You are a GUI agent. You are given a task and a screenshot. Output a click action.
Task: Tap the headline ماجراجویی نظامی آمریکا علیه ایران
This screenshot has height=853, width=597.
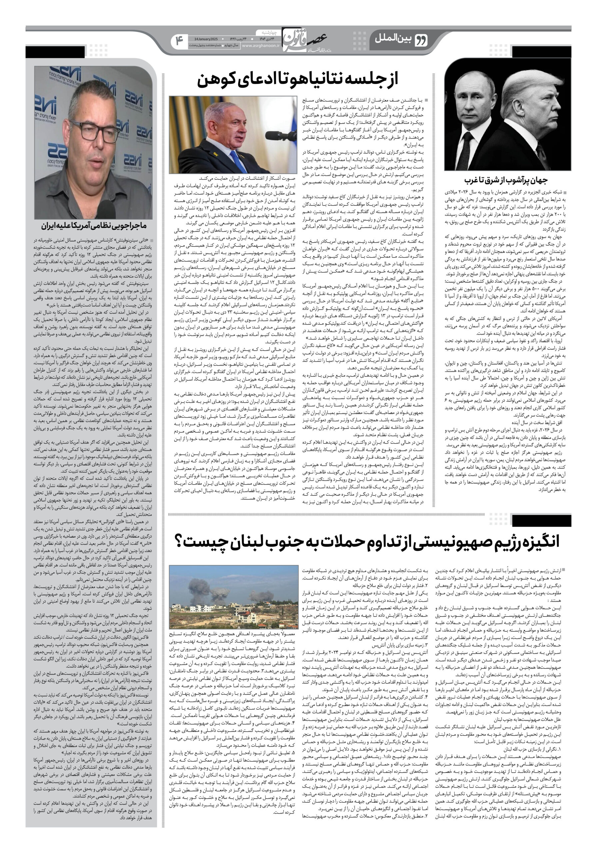[x=94, y=226]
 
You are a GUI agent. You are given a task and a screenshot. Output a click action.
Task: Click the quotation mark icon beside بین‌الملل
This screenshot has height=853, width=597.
[x=421, y=39]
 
